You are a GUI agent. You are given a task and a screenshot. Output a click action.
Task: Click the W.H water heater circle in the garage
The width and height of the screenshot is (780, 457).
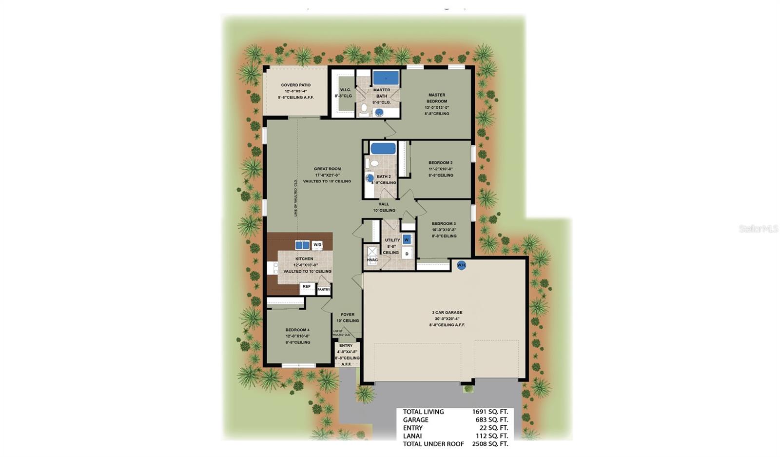pos(461,265)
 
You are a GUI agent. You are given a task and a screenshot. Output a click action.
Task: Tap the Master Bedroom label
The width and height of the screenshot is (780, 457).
pos(436,98)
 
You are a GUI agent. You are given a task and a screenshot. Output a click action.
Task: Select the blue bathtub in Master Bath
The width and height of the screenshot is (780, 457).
pos(386,78)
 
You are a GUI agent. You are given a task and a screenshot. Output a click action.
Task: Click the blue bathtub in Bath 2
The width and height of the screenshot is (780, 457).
pos(383,148)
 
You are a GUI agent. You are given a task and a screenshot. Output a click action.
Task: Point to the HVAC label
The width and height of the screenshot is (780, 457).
pos(372,260)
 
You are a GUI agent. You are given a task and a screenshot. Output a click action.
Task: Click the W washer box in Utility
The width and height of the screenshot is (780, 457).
pos(407,240)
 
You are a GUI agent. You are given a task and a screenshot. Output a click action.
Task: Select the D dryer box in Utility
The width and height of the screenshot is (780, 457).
pos(407,254)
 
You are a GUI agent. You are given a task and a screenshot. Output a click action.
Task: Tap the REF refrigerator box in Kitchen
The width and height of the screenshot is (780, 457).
pos(307,287)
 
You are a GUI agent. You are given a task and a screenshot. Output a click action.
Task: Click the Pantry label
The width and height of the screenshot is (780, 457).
pos(324,289)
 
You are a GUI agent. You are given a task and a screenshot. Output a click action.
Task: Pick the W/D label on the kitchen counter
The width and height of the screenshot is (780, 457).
pos(317,245)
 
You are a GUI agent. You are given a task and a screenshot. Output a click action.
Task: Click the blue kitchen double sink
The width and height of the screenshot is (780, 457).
pos(302,245)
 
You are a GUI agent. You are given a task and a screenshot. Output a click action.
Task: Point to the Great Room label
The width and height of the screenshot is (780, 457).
pos(327,169)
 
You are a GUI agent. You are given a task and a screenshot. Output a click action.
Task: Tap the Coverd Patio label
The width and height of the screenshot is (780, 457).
pos(295,85)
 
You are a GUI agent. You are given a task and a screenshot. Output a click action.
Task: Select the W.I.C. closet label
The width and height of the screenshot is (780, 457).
pos(345,90)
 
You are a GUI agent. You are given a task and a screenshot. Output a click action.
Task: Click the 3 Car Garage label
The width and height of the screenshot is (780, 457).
pos(447,312)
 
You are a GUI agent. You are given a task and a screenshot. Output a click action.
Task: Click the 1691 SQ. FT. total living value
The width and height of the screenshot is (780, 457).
pos(489,412)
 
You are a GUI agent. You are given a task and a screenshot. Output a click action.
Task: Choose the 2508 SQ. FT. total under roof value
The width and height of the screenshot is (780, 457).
pos(489,444)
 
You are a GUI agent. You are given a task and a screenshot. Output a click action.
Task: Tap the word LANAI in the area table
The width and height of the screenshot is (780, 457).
pos(412,436)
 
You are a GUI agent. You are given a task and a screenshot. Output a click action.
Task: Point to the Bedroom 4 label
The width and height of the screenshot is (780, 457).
pos(297,330)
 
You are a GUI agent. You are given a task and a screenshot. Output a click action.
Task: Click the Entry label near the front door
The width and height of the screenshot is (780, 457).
pos(346,345)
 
